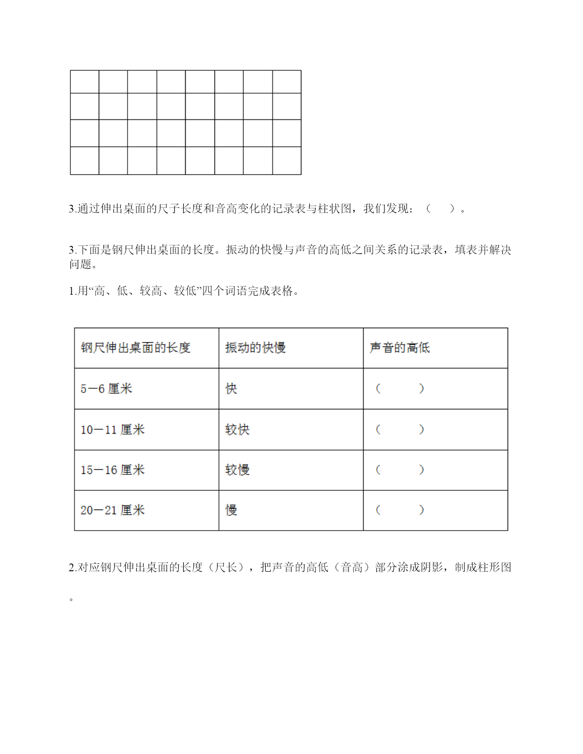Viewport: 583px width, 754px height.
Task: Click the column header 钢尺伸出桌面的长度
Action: pyautogui.click(x=135, y=348)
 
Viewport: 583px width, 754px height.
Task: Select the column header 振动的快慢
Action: pyautogui.click(x=255, y=348)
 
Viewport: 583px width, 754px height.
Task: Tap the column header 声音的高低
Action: pyautogui.click(x=400, y=348)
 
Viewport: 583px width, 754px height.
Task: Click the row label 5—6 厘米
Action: pyautogui.click(x=106, y=389)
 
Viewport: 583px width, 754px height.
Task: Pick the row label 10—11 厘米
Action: pyautogui.click(x=112, y=430)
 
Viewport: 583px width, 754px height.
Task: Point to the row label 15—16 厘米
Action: pyautogui.click(x=112, y=470)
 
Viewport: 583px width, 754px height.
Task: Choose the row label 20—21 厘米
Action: pyautogui.click(x=112, y=510)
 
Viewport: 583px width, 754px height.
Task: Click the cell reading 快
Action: pyautogui.click(x=231, y=389)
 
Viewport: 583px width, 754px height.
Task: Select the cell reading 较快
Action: pyautogui.click(x=237, y=430)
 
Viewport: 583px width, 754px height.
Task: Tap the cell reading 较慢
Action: pyautogui.click(x=237, y=470)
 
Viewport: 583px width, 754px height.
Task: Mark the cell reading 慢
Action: pyautogui.click(x=231, y=510)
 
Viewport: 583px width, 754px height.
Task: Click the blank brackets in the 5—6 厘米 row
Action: pyautogui.click(x=400, y=389)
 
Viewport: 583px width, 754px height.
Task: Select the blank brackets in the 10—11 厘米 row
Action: pyautogui.click(x=400, y=430)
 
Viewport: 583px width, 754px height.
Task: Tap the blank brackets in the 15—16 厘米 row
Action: pyautogui.click(x=400, y=470)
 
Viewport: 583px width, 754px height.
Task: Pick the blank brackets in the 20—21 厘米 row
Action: pyautogui.click(x=400, y=510)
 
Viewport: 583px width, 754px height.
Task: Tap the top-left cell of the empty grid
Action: pyautogui.click(x=85, y=82)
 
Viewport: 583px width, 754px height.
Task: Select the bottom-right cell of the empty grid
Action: pyautogui.click(x=287, y=160)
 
